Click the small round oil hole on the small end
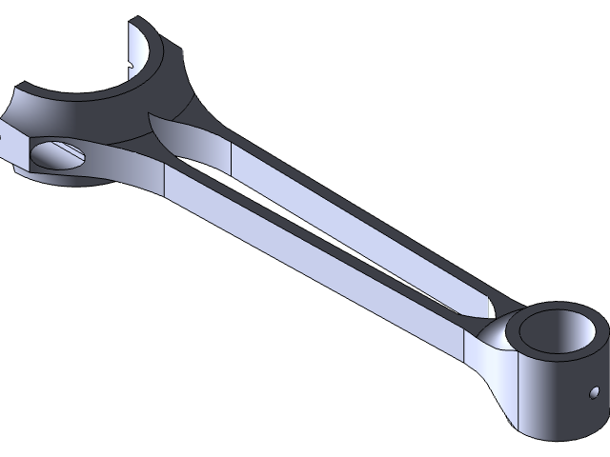pos(593,392)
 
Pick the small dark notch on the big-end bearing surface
pos(130,64)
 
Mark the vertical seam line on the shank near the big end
pos(167,181)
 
